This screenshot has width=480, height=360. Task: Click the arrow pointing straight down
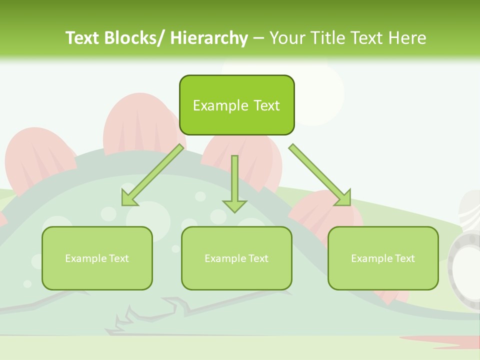coord(234,182)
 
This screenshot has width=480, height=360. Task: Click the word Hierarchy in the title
coord(209,38)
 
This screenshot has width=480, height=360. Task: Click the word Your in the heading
coord(288,38)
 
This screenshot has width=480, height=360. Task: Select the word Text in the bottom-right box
coord(404,258)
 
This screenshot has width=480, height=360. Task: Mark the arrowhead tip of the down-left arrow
coord(123,204)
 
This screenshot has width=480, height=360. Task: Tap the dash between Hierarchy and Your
coord(258,38)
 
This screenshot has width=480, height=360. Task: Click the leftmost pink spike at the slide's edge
coord(2,220)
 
